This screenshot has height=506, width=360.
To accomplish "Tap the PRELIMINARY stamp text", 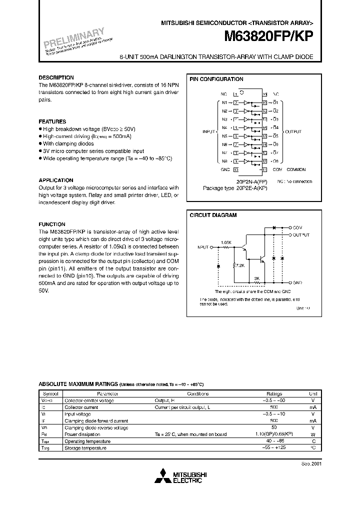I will pos(73,40).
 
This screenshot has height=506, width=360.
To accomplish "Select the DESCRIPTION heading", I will pos(56,77).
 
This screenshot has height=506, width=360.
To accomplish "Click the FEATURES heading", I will pos(52,121).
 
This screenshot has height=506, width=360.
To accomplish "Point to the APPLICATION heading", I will pos(56,180).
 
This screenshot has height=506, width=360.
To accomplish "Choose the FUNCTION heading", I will pos(52,224).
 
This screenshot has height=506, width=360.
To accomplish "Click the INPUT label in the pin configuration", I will pos(208,131).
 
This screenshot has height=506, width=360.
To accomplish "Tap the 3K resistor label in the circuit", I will pos(256,278).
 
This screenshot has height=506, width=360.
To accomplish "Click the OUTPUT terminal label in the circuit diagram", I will pos(301,234).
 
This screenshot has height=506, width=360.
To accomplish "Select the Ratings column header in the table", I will pos(274,393).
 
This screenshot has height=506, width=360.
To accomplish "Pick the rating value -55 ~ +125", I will pos(274,448).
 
